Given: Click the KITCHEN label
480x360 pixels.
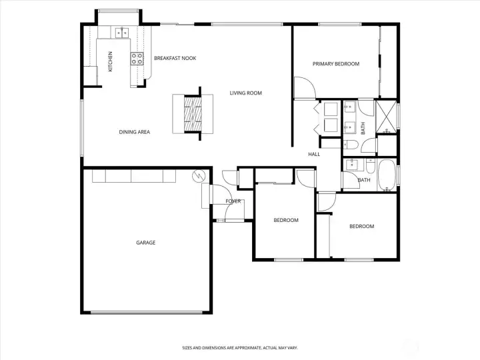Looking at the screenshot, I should coord(111,61).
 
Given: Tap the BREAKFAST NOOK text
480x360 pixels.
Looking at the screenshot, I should coord(175,59).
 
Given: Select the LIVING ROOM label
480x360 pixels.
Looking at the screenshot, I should coord(246,93).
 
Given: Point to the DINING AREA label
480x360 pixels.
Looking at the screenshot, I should coord(134,132).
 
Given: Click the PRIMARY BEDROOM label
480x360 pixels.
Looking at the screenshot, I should coord(336,64).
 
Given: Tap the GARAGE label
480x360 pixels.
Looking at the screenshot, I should coord(145,243).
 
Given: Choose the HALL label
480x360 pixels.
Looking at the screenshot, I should coord(314,155).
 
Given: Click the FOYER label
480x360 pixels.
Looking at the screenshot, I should coord(233,201).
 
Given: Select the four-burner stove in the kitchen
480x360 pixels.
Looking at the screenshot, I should coord(137,58).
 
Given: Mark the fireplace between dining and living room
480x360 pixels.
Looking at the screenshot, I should coord(192,113).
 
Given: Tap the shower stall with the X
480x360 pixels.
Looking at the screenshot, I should coord(386,117).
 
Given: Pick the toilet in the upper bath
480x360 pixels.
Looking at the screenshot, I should coord(351,143).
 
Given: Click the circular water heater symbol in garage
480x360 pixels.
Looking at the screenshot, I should coord(198,177).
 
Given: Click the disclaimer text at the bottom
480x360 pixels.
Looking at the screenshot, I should coord(239,347).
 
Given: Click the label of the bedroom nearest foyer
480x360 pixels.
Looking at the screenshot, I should coord(286,220).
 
